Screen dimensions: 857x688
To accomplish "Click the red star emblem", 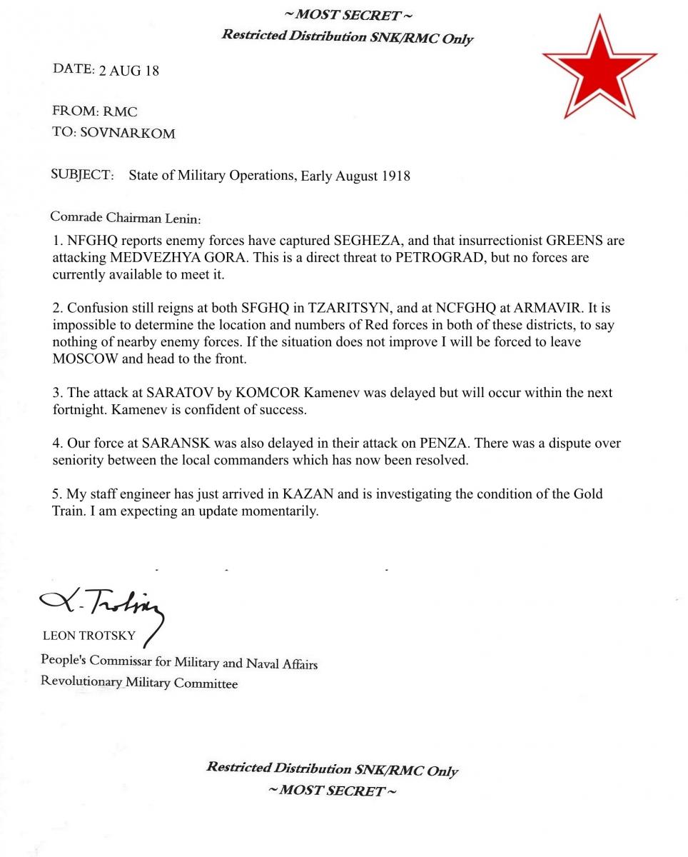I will click(x=600, y=68).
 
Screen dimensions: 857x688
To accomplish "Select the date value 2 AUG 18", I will click(x=128, y=71).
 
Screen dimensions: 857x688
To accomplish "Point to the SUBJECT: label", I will click(x=82, y=175).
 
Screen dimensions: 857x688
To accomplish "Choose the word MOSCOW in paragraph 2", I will click(x=85, y=359).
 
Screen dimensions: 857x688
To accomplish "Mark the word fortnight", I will click(x=80, y=411).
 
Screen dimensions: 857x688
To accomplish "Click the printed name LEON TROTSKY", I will click(x=89, y=636).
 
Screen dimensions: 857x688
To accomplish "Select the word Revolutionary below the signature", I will click(x=81, y=681).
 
